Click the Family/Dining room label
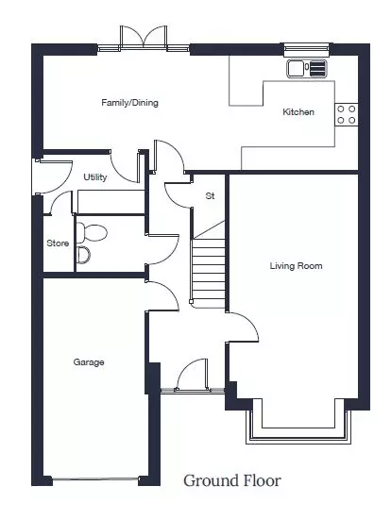[129, 103]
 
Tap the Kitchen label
[298, 112]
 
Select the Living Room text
[296, 265]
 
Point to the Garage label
[89, 362]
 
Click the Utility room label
[95, 177]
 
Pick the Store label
[58, 243]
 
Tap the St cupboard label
[210, 196]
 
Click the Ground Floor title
[232, 480]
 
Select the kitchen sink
[307, 68]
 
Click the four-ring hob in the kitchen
[347, 114]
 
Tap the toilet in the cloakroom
[92, 232]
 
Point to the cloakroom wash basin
[83, 255]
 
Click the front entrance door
[193, 375]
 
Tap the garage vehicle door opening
[95, 478]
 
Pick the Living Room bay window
[298, 428]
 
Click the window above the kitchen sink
[307, 50]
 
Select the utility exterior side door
[53, 176]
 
